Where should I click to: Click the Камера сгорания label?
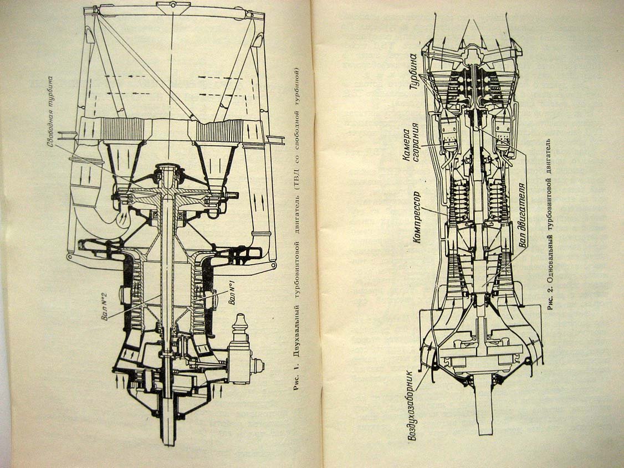(x=411, y=142)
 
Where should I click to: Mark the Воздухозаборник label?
(x=412, y=406)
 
